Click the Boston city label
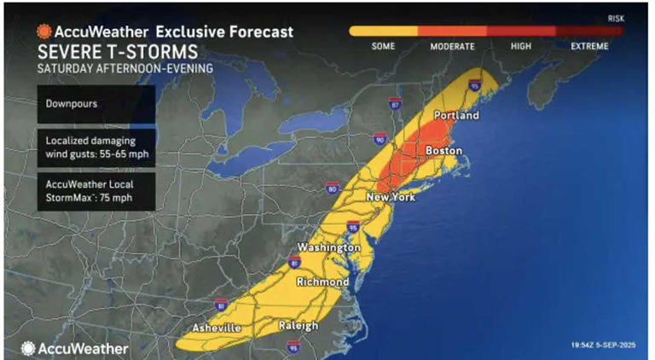443,151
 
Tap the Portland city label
456,115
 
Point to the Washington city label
328,247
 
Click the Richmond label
322,282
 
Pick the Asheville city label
219,327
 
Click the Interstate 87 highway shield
394,103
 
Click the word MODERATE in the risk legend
452,46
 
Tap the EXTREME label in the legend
589,46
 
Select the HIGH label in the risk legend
521,46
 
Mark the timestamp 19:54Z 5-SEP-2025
602,345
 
